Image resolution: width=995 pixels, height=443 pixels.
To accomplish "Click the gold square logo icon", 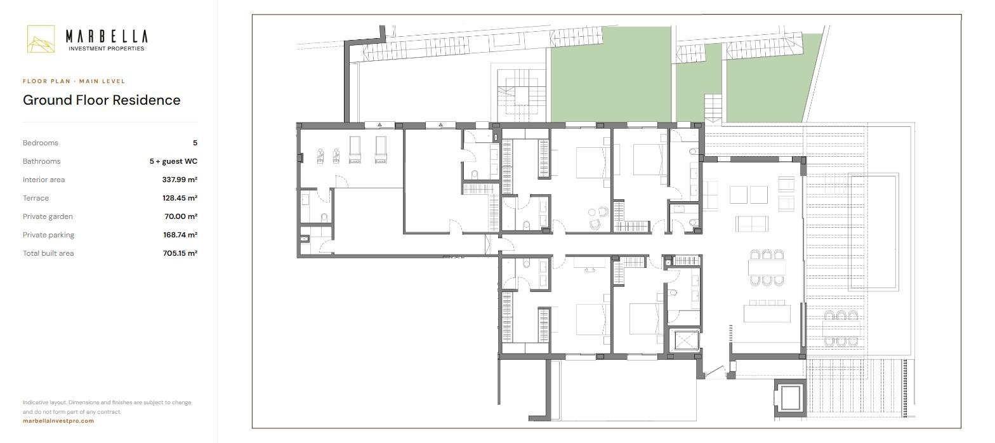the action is [x=41, y=39].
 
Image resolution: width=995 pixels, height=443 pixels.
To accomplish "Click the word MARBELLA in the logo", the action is [x=107, y=36].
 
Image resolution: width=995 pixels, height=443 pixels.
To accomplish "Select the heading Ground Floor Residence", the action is [x=102, y=100].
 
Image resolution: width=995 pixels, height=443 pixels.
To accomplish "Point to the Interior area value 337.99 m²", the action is [x=180, y=180].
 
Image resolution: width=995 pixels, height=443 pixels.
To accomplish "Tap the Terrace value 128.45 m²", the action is [x=180, y=198].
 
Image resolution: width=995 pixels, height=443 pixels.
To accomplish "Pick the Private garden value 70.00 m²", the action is [x=181, y=216].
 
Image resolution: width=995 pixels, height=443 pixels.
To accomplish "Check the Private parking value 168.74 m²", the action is [x=180, y=235].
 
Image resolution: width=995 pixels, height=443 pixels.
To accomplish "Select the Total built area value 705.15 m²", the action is [x=180, y=253].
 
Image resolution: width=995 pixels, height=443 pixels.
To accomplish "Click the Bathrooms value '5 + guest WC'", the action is [x=173, y=161].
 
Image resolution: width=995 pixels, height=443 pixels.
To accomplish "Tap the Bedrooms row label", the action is [x=41, y=143].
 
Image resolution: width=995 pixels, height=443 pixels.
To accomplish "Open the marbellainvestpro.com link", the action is [x=58, y=421].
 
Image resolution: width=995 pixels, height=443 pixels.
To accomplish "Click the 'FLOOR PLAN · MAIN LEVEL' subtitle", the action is [x=74, y=81].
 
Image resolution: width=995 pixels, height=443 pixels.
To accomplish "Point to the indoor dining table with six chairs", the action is [x=767, y=267].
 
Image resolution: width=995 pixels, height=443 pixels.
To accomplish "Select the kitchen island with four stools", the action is [x=767, y=312].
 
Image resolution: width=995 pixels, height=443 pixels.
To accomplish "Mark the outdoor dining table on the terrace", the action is [x=841, y=329].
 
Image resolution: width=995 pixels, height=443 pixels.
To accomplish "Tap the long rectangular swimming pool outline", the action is [x=873, y=234].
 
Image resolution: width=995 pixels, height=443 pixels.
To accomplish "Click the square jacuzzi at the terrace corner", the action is [x=790, y=398].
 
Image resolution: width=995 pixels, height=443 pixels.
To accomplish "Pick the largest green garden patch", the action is [x=611, y=74].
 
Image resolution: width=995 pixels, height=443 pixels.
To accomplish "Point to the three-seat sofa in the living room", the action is [x=751, y=223].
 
